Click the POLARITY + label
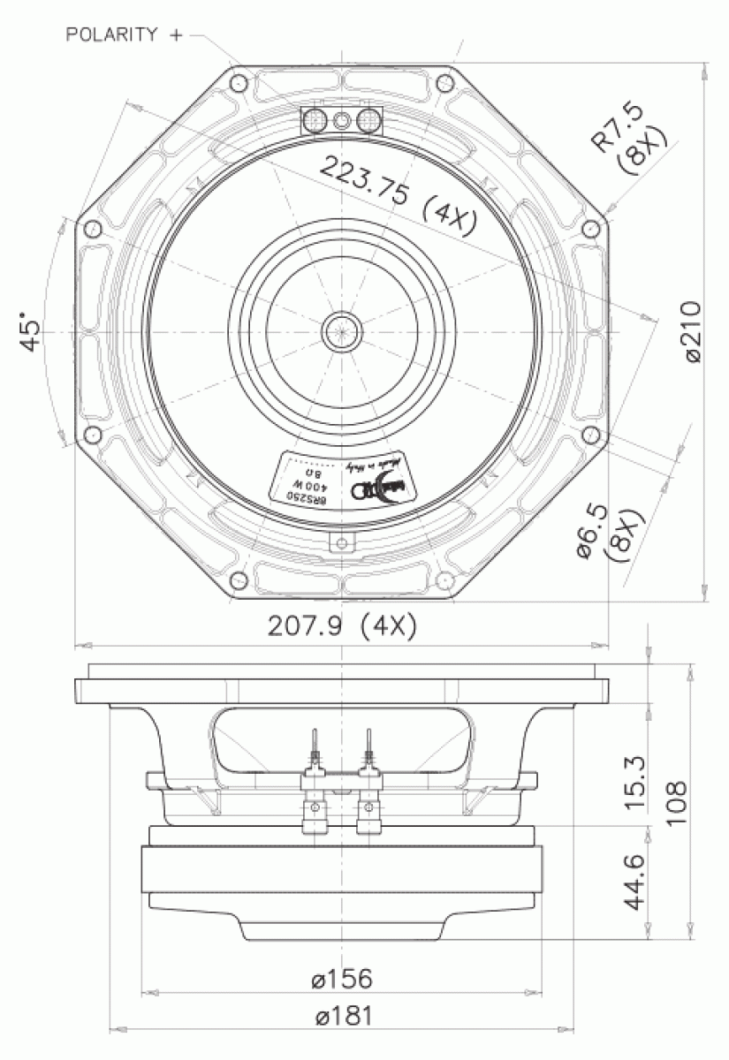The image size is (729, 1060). point(124,34)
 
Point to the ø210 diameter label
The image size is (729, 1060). point(693,331)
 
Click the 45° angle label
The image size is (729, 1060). point(31,331)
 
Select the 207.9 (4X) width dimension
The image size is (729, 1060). point(342,626)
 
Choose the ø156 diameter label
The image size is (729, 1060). point(342,979)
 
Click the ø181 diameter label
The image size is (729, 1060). point(342,1016)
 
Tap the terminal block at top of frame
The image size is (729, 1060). point(342,121)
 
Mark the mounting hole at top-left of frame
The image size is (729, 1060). point(239,82)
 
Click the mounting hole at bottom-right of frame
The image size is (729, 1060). point(444,580)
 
